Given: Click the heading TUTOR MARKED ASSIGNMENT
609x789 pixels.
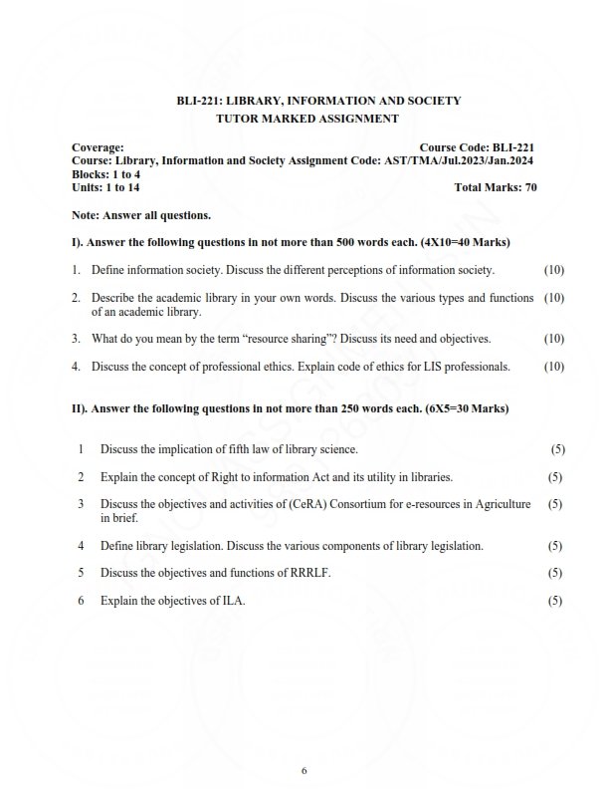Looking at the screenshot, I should pos(306,119).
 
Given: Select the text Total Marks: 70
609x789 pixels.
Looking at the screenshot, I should pos(495,186).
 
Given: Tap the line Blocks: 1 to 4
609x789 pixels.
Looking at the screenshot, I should pos(106,173).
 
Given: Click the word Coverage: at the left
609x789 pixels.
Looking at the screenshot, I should pos(98,146).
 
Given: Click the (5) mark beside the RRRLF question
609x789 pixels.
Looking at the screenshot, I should pos(555,573).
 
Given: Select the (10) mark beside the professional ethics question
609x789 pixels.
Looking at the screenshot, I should pos(554,367).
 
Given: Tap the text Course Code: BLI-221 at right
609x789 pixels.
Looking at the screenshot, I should pos(478,146).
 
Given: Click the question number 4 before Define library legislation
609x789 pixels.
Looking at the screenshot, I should pos(81,546).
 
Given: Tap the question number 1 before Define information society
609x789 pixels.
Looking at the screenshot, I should pos(76,270).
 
